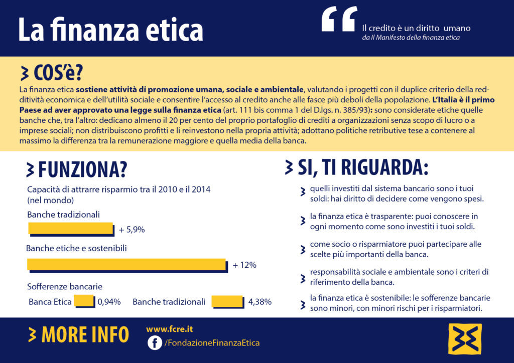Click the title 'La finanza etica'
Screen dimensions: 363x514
(x=110, y=29)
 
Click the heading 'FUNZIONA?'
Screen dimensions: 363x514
(x=82, y=169)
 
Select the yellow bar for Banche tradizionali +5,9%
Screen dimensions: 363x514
(x=71, y=229)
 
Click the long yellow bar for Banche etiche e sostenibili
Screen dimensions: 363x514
(x=126, y=264)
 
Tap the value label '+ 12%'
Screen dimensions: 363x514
(x=244, y=265)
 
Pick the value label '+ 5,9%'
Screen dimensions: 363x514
(x=132, y=230)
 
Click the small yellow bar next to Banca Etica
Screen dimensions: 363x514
(x=84, y=301)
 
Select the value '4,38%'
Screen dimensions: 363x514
(x=260, y=302)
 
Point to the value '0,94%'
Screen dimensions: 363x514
(x=109, y=302)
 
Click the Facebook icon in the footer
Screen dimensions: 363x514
(x=155, y=343)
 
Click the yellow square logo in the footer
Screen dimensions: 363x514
(x=464, y=339)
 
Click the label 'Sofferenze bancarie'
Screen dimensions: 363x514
(x=65, y=287)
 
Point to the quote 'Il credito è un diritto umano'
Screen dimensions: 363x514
(x=416, y=28)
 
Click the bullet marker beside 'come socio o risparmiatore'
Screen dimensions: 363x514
(x=303, y=249)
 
